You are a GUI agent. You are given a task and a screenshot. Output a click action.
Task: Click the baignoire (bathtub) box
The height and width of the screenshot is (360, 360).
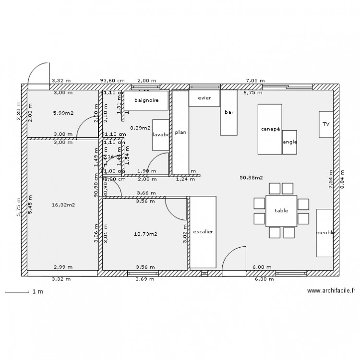tap(146, 100)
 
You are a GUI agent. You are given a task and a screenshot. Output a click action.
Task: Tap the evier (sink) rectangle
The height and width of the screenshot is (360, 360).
tap(204, 98)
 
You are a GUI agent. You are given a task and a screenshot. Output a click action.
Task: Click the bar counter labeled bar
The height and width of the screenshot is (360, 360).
tap(229, 112)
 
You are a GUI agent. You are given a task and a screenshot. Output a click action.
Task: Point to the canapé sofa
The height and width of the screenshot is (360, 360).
tap(270, 129)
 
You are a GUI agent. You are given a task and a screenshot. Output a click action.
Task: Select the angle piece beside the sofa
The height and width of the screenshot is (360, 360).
tap(289, 142)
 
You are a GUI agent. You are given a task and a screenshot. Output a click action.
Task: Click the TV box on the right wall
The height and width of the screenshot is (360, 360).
tap(326, 124)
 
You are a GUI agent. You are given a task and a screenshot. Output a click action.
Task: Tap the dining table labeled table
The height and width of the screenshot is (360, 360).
tap(281, 211)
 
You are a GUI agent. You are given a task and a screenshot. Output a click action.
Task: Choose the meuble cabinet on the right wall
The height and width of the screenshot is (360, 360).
tap(324, 233)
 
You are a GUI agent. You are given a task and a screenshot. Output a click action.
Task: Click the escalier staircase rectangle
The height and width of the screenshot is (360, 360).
tap(203, 232)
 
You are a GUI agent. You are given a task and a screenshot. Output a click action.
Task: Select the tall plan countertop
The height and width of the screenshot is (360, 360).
tap(180, 132)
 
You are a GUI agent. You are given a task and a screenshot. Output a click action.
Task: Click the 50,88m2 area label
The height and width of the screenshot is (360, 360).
tap(251, 178)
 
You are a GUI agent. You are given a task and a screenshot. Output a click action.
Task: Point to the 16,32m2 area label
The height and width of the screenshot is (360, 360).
tap(63, 204)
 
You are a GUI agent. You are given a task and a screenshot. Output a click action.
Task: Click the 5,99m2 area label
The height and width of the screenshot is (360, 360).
tap(63, 113)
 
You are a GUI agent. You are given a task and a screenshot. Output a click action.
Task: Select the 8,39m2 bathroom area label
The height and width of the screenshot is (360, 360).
tap(140, 128)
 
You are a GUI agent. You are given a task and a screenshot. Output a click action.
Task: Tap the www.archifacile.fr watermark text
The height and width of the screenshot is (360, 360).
tap(331, 290)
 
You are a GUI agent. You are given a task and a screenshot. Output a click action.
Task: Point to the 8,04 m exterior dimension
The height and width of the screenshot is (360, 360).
tap(342, 181)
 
